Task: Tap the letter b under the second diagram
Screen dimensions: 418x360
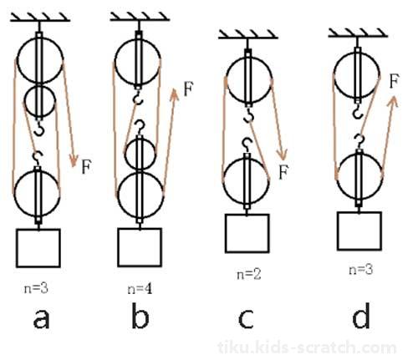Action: (x=140, y=315)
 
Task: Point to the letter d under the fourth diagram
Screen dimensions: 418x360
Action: (x=361, y=315)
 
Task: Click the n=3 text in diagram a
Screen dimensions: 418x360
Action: (x=36, y=288)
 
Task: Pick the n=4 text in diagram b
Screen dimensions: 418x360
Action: (x=140, y=289)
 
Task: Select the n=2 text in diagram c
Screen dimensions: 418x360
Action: (x=249, y=275)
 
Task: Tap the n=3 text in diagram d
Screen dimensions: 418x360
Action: (x=361, y=270)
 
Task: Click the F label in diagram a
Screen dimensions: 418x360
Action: (x=86, y=166)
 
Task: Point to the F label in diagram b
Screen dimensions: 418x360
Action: (x=188, y=89)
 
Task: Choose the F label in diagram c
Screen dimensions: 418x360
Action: (x=283, y=172)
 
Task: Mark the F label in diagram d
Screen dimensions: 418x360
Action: (x=395, y=81)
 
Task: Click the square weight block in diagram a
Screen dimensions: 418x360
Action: (x=38, y=248)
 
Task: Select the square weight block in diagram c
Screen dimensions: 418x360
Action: (x=247, y=233)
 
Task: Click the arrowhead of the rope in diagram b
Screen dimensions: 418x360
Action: (x=175, y=94)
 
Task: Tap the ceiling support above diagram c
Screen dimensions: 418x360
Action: (x=247, y=34)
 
